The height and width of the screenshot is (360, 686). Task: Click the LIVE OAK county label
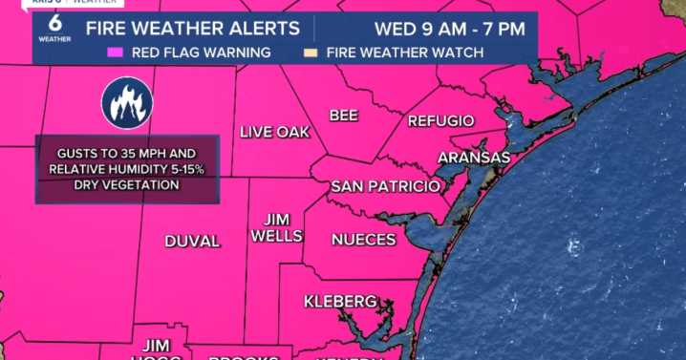(275, 132)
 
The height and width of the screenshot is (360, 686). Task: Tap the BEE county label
(343, 116)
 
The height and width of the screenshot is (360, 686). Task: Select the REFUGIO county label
(440, 121)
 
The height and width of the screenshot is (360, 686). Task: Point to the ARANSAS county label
(474, 157)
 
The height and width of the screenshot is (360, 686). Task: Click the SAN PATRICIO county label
(385, 185)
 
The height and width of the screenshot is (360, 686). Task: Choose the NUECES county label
(363, 239)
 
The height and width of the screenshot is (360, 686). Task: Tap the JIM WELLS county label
(276, 227)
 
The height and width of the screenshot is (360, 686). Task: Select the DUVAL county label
(192, 241)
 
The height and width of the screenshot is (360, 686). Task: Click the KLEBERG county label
(340, 302)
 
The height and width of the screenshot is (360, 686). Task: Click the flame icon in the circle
(127, 103)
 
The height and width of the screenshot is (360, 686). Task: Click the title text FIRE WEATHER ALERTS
(192, 28)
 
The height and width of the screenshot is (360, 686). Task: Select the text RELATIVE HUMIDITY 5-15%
(127, 169)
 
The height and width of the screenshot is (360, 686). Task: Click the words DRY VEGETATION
(127, 185)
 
